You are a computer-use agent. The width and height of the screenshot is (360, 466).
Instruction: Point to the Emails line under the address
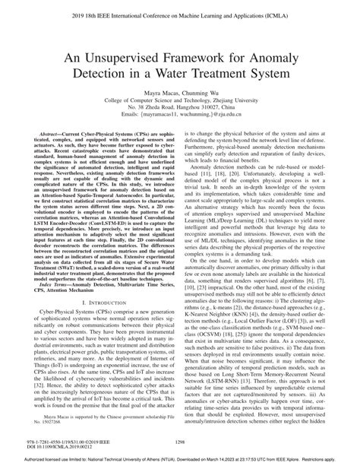[179, 120]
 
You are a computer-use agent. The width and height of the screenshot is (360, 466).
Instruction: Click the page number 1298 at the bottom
[179, 440]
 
